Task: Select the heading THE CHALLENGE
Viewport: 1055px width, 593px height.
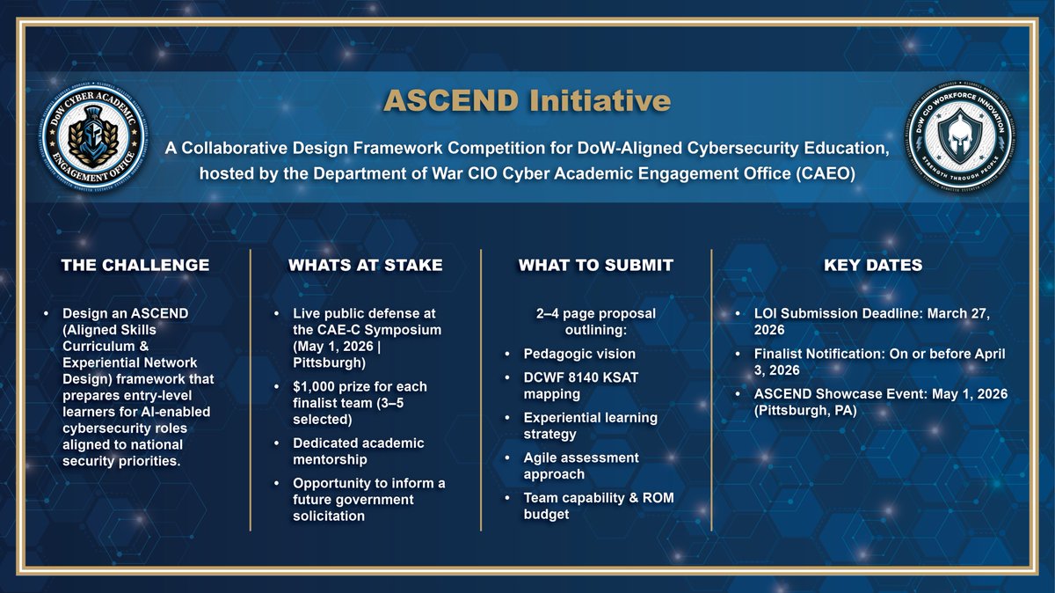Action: point(135,265)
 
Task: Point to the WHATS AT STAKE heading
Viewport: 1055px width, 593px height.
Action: point(365,265)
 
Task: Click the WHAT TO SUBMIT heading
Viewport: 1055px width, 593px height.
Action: point(595,265)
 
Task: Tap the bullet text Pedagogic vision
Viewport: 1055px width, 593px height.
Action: point(578,354)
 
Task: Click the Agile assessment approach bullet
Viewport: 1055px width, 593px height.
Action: point(580,465)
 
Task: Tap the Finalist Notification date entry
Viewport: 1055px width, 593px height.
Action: point(874,362)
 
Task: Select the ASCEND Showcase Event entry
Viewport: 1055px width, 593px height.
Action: point(874,401)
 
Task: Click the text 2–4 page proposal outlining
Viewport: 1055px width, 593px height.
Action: point(595,322)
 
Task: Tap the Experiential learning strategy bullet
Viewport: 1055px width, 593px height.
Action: point(590,425)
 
